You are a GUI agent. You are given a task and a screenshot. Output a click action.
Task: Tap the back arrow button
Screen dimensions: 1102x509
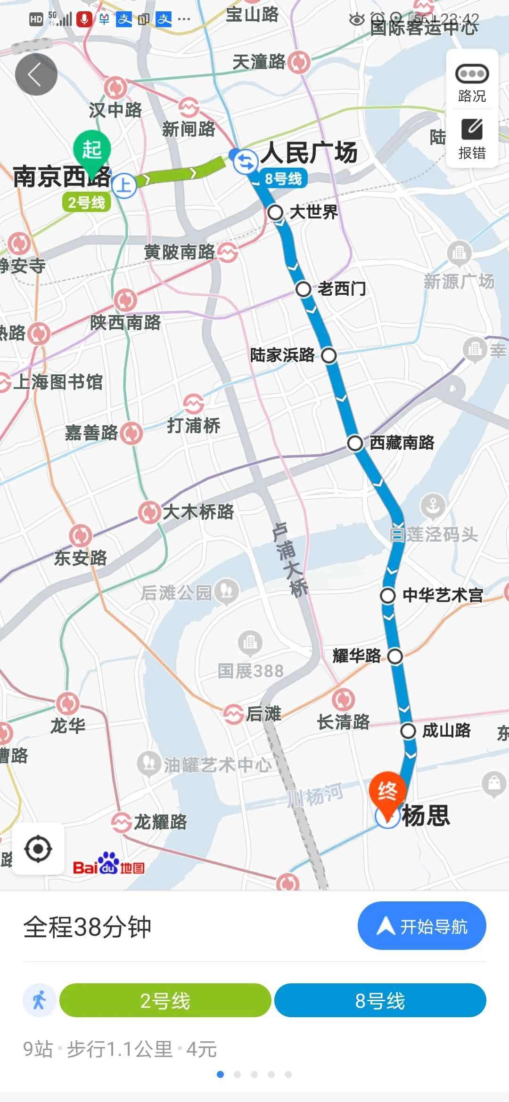pos(36,74)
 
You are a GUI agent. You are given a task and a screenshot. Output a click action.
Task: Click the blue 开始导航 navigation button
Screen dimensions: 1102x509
pos(422,926)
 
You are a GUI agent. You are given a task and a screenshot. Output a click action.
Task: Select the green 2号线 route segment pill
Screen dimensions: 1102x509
pos(165,1000)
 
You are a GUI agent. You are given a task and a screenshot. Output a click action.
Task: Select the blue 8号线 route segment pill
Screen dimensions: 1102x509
pos(380,1000)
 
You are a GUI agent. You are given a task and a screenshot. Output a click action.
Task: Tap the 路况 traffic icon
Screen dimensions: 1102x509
pos(472,74)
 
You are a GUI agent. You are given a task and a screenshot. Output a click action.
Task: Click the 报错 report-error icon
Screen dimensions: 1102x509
pos(472,130)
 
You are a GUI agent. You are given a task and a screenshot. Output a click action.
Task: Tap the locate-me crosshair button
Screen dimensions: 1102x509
pos(38,849)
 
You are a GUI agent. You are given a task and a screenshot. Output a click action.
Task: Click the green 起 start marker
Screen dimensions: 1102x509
pos(92,150)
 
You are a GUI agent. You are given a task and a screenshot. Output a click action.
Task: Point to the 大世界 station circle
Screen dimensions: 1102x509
pos(275,212)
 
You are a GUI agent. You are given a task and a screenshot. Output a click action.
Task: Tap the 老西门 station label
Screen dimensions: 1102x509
pos(342,288)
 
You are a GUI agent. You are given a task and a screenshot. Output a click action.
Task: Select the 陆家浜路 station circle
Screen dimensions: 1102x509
pos(329,356)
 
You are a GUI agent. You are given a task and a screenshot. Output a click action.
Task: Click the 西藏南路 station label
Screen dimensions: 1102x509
pos(402,443)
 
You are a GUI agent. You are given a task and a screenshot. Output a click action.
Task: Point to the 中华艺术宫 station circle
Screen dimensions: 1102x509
pos(388,595)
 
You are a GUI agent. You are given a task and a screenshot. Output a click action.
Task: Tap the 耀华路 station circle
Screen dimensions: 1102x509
pos(395,656)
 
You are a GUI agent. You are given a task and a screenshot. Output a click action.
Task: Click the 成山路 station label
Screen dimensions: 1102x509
pos(446,730)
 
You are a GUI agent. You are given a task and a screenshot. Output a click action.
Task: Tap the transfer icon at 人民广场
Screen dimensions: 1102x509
pos(246,162)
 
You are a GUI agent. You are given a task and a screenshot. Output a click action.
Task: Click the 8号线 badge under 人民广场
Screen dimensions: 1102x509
pos(283,178)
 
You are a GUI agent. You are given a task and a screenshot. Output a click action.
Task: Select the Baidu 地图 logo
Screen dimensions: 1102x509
pos(109,863)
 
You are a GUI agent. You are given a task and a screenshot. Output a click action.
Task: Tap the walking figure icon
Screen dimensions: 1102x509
pos(40,1000)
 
